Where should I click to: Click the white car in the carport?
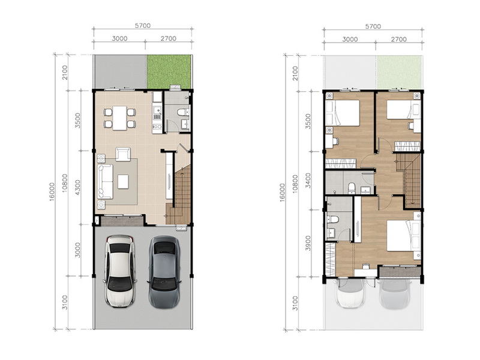(119, 271)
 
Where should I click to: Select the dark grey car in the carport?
(164, 272)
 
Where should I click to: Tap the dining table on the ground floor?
(119, 118)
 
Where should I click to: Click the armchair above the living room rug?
(123, 154)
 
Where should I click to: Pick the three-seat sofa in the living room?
(105, 182)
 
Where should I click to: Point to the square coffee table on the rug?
(123, 182)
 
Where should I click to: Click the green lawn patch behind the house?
(169, 72)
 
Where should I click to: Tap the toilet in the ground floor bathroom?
(183, 112)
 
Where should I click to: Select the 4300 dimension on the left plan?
(77, 187)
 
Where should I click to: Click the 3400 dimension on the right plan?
(308, 181)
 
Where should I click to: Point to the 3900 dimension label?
(308, 243)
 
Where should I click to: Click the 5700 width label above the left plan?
(143, 26)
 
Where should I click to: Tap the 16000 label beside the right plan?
(282, 192)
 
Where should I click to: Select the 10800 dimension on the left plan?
(65, 183)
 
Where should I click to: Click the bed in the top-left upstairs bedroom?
(343, 113)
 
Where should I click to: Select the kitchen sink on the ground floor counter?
(157, 109)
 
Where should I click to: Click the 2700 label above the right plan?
(399, 39)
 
